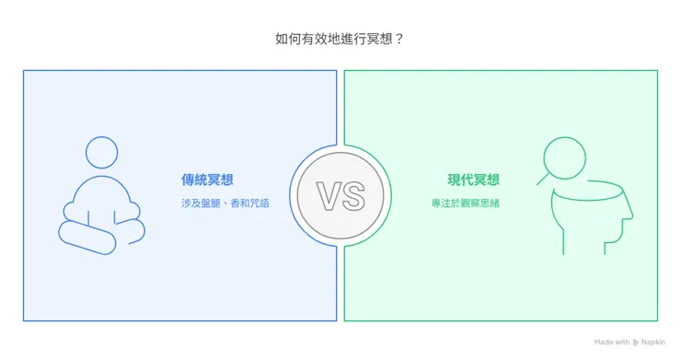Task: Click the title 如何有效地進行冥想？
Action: [x=340, y=39]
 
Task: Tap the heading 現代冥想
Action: [x=474, y=180]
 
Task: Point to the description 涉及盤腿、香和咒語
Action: [x=225, y=203]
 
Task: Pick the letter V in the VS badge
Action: [x=329, y=196]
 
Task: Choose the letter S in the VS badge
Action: [x=352, y=196]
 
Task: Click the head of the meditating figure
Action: [x=101, y=153]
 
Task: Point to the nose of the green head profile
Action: [x=631, y=217]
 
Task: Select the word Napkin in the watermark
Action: [x=654, y=342]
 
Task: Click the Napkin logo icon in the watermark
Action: [x=636, y=342]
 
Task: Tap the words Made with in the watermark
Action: [x=612, y=342]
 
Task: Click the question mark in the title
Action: [x=398, y=39]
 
